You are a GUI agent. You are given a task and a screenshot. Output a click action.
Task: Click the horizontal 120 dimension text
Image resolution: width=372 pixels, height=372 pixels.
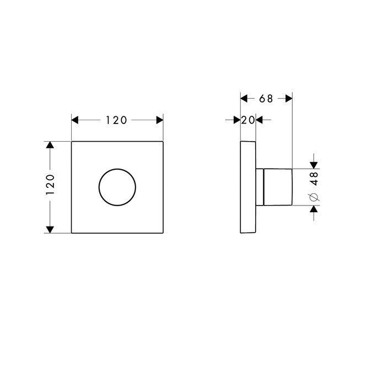coord(117,120)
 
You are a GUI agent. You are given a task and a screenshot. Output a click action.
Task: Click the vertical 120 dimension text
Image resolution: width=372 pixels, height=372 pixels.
coord(50,186)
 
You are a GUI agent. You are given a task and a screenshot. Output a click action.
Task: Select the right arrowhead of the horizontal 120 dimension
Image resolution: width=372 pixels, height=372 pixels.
coord(159,120)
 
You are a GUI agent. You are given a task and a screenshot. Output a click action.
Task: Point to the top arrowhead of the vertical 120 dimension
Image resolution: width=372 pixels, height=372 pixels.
coord(50,145)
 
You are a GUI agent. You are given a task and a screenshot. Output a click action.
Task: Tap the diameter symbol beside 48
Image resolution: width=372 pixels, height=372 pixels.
coord(314,197)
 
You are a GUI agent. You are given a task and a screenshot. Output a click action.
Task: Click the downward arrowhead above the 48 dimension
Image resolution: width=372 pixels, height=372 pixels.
coord(314,164)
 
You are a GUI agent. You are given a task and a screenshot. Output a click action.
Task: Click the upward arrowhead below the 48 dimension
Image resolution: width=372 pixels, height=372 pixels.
coord(314,210)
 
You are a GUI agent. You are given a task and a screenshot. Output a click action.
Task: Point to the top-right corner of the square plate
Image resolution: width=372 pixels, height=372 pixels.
coord(164,142)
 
